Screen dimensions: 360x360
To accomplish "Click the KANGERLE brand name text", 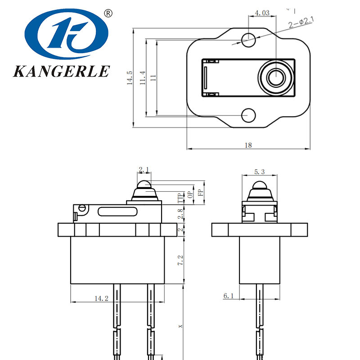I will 62,71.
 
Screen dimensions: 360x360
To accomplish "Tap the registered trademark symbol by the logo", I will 108,13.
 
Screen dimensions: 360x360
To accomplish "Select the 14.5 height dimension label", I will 129,78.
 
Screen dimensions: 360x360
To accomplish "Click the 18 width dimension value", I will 248,145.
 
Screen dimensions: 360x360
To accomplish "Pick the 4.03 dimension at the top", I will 262,13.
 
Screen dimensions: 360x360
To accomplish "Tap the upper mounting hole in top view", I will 248,40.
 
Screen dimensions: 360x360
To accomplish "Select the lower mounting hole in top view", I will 248,115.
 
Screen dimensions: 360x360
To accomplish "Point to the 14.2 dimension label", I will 101,298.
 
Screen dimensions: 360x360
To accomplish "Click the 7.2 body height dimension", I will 180,261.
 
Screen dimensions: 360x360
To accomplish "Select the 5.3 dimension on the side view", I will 259,171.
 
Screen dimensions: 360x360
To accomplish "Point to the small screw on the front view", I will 82,208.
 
